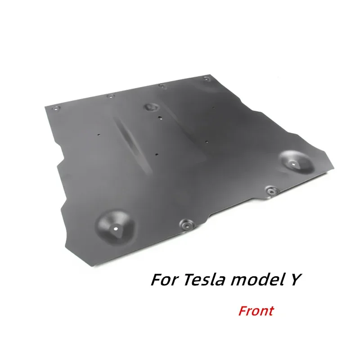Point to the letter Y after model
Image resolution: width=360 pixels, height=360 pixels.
(x=297, y=280)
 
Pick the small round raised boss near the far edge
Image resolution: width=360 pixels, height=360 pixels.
(x=149, y=107)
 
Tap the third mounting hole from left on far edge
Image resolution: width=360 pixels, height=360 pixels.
(x=162, y=85)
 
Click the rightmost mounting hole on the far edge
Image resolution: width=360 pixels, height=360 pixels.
(x=207, y=79)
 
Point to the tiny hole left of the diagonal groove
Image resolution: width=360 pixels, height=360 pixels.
(x=99, y=135)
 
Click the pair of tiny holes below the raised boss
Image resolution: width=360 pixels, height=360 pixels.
(x=161, y=118)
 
